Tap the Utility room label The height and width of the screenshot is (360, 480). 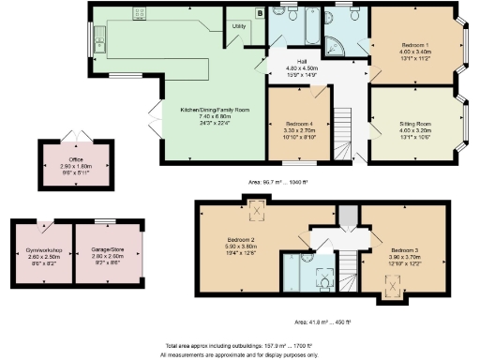point(239,26)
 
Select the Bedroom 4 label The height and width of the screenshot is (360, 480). point(300,123)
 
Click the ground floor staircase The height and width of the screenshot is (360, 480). point(343,122)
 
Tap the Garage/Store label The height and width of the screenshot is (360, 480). point(106,248)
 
